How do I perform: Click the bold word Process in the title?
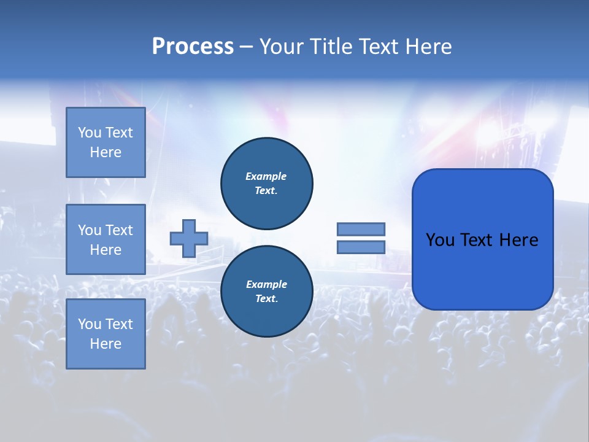[193, 47]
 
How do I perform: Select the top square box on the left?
[106, 142]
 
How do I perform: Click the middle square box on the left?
[106, 239]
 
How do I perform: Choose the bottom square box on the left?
[106, 334]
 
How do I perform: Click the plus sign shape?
[189, 238]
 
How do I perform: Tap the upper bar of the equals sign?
[361, 229]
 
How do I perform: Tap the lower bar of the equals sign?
[361, 247]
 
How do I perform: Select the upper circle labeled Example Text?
[266, 184]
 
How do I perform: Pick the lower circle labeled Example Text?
[266, 292]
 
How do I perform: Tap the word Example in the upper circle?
[266, 176]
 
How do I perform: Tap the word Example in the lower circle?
[266, 284]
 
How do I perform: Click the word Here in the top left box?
[106, 152]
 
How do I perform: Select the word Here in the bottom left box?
[106, 344]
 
